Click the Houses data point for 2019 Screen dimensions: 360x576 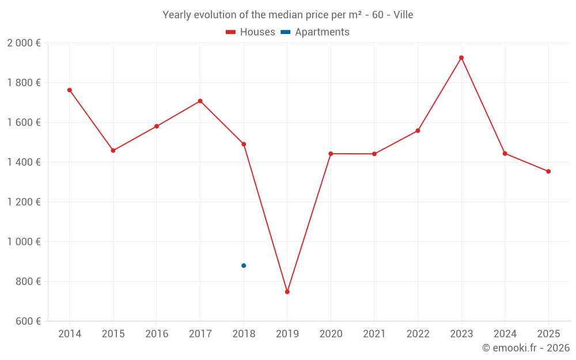click(287, 292)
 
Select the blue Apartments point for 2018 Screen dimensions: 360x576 click(244, 266)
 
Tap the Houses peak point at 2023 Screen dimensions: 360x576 click(461, 58)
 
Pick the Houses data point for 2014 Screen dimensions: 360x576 click(70, 90)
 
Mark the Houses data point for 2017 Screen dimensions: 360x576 click(200, 101)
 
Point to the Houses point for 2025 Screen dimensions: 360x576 click(548, 171)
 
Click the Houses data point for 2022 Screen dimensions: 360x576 click(418, 131)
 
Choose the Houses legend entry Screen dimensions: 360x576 click(251, 32)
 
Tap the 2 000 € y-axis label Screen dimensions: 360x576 click(24, 43)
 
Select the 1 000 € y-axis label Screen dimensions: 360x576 click(24, 242)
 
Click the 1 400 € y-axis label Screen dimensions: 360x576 click(24, 162)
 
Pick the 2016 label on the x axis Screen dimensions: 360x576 click(157, 334)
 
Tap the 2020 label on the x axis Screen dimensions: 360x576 click(331, 334)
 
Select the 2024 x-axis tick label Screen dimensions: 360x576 click(505, 334)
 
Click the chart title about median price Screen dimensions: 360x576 click(287, 15)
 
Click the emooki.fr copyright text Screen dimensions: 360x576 click(525, 348)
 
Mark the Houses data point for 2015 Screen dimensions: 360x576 click(113, 150)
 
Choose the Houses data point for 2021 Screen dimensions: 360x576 click(374, 154)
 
